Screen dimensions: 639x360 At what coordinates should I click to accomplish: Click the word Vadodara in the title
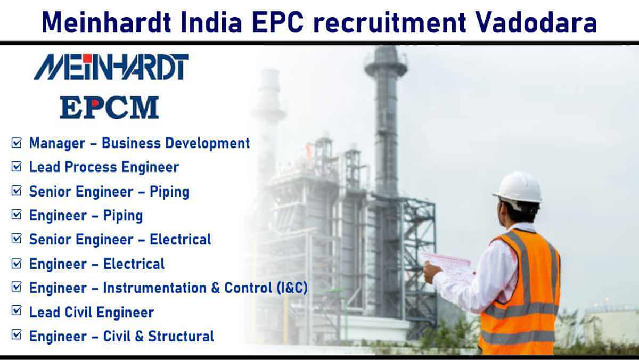536,22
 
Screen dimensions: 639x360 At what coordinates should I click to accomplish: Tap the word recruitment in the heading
390,22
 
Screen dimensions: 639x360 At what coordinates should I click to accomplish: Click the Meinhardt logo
111,67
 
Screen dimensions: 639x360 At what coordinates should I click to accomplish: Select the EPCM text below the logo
109,107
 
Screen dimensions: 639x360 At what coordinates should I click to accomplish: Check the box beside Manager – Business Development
17,143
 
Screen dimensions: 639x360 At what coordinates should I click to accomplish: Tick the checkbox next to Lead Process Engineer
17,167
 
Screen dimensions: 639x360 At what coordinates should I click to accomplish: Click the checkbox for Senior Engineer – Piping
17,191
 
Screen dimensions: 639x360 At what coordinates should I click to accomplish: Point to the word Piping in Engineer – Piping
122,216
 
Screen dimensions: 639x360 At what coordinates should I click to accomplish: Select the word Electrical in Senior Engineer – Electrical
181,239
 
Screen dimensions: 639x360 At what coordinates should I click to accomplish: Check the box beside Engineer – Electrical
17,264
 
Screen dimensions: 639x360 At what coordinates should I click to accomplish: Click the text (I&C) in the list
292,288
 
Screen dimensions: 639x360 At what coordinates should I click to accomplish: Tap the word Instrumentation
154,288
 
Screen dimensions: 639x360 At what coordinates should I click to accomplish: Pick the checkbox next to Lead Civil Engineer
17,311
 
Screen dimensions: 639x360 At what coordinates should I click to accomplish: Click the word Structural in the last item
181,336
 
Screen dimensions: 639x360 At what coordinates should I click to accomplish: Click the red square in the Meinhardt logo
87,58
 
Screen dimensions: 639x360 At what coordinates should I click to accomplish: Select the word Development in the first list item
207,143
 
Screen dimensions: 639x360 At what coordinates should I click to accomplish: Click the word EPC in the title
278,22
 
